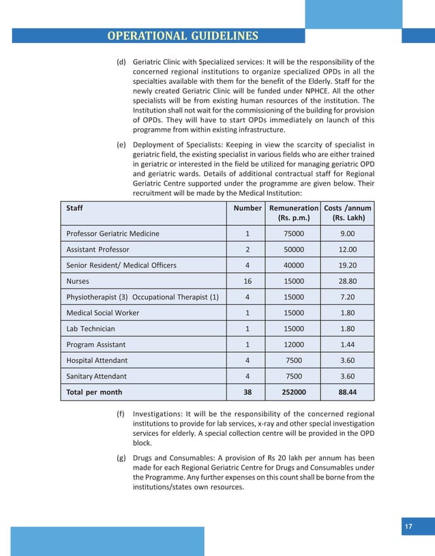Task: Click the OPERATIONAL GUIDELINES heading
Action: coord(183,35)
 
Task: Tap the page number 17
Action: coord(408,526)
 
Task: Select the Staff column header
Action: coord(74,208)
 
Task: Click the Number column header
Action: coord(247,208)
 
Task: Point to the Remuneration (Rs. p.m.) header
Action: coord(294,213)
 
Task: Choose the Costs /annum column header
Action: coord(348,213)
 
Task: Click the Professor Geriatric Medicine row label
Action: coord(112,233)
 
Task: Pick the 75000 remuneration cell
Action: coord(294,233)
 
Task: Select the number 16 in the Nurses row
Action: coord(247,281)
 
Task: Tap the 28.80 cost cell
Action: coord(348,281)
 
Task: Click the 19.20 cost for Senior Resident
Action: coord(348,265)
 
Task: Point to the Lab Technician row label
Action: coord(90,329)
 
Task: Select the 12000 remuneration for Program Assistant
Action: coord(294,345)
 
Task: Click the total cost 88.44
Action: coord(348,392)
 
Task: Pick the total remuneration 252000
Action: coord(294,392)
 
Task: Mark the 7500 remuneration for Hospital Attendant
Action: coord(294,360)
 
